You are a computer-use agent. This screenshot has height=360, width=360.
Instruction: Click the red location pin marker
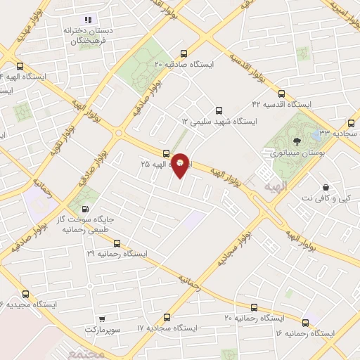tap(181, 165)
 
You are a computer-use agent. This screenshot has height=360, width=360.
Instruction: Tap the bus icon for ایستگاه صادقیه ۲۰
tap(184, 53)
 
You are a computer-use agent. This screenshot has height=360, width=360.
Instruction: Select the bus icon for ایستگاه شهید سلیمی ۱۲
tap(219, 110)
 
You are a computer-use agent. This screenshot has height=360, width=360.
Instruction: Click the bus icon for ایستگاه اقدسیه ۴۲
tap(281, 94)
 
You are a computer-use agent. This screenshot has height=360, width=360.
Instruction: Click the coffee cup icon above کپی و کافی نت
tap(326, 188)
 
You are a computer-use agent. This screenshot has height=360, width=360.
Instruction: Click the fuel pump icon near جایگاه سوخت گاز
tap(85, 207)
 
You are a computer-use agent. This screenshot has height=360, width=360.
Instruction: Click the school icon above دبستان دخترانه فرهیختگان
tap(88, 20)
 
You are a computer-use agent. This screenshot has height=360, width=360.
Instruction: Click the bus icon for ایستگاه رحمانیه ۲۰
tap(254, 307)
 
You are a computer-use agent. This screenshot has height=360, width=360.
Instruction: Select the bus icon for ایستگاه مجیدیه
tap(26, 294)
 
